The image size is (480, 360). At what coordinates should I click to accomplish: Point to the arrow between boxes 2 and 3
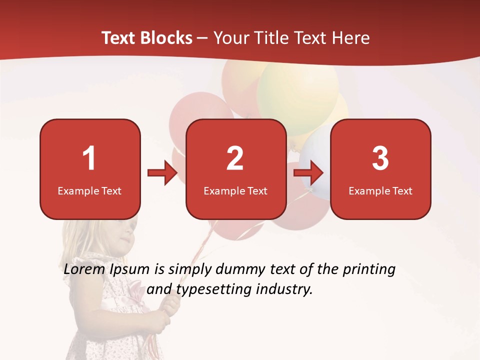point(308,173)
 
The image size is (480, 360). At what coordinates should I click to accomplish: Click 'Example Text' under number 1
point(89,191)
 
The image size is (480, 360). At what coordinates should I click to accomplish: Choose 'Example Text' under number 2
point(235,191)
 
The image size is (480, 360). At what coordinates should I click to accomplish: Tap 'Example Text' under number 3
point(380,191)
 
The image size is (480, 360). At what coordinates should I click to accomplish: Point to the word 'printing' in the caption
point(369,269)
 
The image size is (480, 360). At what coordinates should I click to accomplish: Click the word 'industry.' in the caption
point(284,289)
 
